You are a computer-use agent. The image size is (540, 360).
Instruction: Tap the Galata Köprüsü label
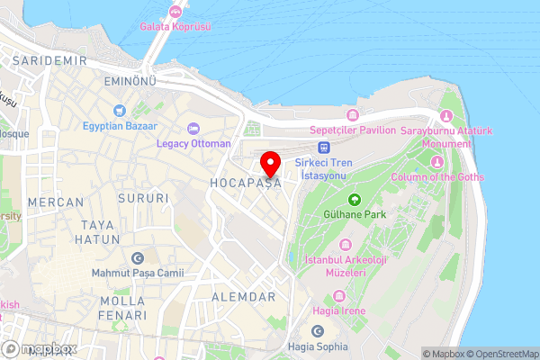click(175, 27)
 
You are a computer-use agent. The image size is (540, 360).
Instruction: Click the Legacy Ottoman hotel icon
click(193, 128)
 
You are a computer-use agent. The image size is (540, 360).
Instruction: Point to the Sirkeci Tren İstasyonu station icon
click(325, 147)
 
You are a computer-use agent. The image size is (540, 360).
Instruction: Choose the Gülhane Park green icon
click(354, 199)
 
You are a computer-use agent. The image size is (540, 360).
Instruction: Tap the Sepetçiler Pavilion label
click(353, 130)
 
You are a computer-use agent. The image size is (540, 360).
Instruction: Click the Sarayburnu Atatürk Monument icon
click(446, 116)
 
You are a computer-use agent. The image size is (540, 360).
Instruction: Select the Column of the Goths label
click(436, 176)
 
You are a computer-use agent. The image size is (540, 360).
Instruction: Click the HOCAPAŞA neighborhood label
click(246, 183)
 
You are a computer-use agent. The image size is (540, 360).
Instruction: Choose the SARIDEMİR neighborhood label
click(49, 60)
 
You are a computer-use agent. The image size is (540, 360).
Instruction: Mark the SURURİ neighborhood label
click(143, 197)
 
